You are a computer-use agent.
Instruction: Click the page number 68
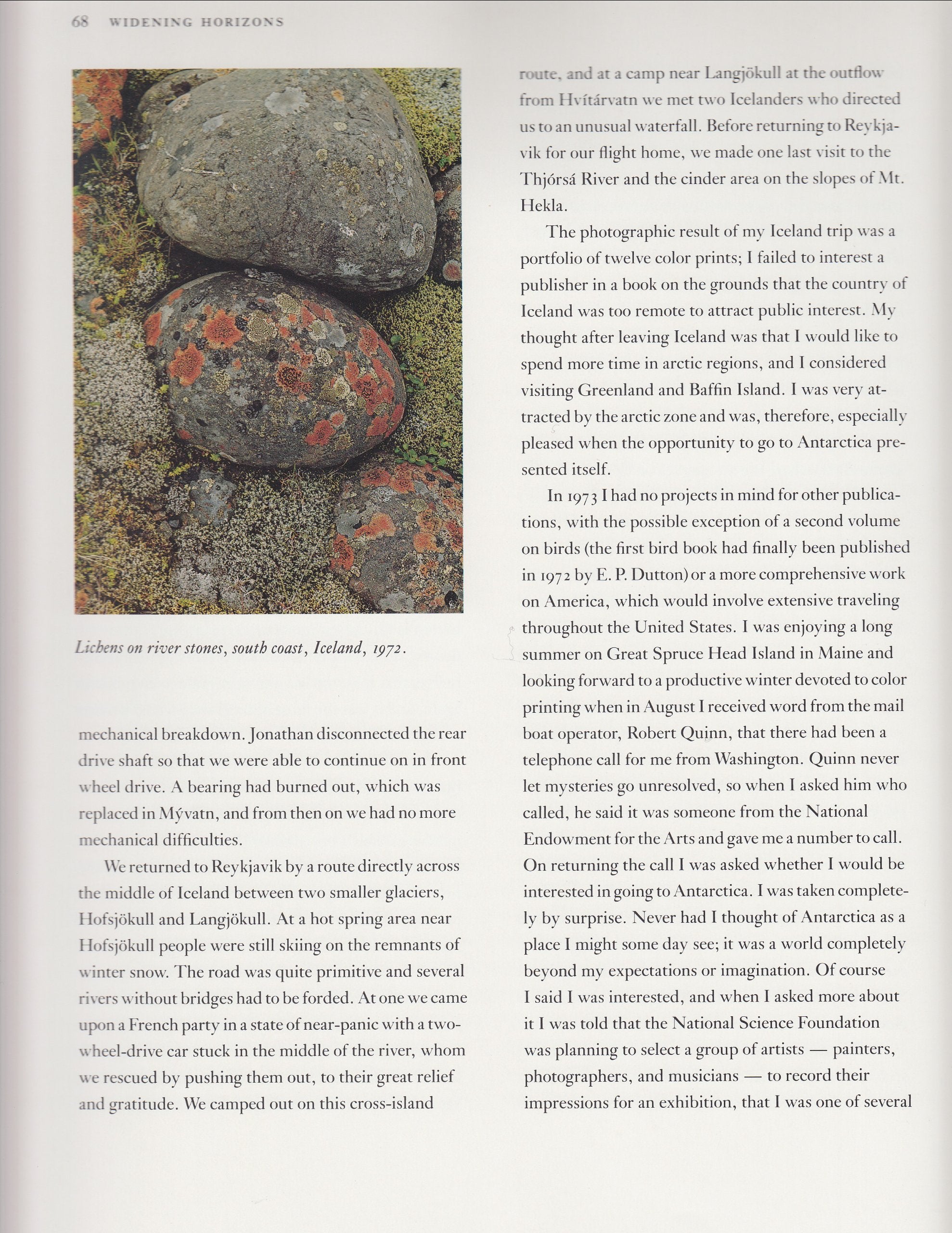click(79, 22)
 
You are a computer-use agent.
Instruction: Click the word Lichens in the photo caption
click(99, 647)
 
